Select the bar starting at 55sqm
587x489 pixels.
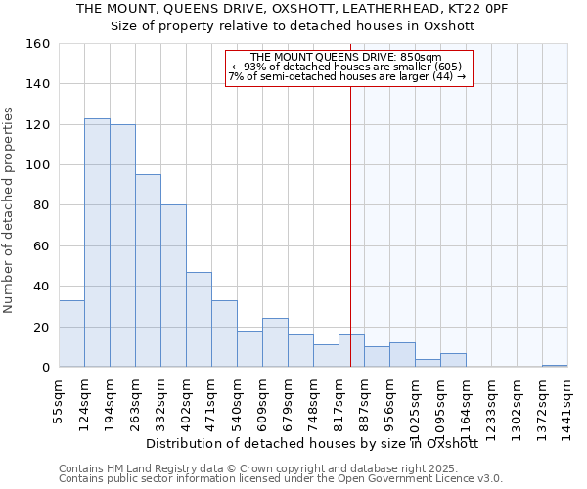tap(71, 333)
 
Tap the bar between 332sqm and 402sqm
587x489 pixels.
tap(173, 286)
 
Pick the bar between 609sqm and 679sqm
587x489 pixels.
tap(275, 342)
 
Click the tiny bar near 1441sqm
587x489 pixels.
tap(555, 366)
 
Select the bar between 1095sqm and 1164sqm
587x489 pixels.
tap(453, 360)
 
